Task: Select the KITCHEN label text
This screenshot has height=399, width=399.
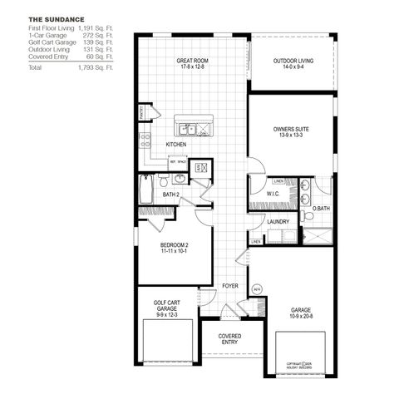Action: [x=175, y=145]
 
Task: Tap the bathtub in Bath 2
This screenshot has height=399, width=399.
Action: [x=146, y=191]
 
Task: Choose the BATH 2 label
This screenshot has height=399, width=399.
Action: [x=172, y=194]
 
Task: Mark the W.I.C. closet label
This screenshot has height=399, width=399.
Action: [x=273, y=194]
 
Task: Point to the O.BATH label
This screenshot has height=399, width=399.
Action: [x=320, y=208]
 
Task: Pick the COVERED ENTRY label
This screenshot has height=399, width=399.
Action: [x=230, y=340]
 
